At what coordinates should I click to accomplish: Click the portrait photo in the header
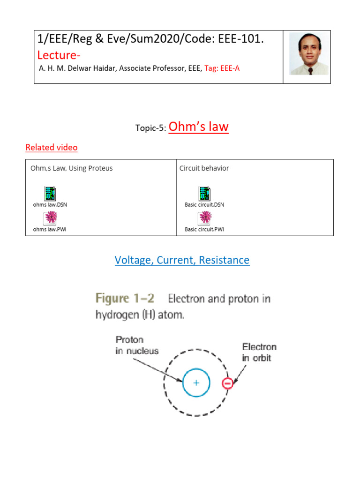click(307, 54)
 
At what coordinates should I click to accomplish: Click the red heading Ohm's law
click(198, 127)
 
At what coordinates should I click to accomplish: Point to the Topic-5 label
click(150, 129)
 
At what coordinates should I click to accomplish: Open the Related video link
click(52, 148)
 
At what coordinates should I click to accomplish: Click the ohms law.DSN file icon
click(50, 193)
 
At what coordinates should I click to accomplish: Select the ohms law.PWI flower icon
click(50, 218)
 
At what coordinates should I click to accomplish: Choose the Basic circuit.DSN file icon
click(204, 193)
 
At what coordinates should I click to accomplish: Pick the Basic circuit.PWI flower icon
click(205, 218)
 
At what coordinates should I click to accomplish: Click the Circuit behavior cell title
click(204, 168)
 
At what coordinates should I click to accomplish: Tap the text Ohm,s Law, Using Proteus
click(72, 168)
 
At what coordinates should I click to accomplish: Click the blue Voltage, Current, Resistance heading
click(182, 260)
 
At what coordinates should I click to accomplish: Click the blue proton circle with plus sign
click(196, 383)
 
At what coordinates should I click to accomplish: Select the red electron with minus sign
click(227, 383)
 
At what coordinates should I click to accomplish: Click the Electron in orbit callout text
click(259, 352)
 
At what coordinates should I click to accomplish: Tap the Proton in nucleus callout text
click(137, 345)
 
